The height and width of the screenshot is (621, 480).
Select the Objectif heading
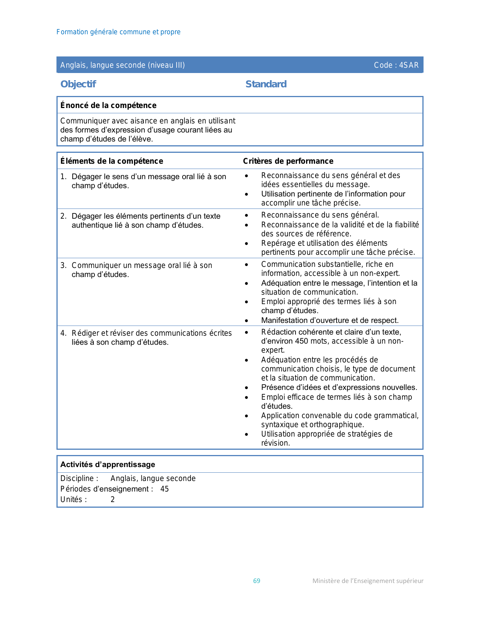[78, 84]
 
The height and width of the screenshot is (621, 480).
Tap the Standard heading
[266, 84]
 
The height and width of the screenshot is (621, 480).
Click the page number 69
[257, 581]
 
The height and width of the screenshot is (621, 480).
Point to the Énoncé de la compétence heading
[108, 105]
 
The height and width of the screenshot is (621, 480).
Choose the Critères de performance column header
[288, 161]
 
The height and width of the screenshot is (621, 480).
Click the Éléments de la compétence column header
[112, 161]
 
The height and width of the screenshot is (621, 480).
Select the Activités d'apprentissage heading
[108, 464]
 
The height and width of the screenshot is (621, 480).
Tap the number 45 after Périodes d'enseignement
[165, 489]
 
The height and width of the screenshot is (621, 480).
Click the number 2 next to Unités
[113, 499]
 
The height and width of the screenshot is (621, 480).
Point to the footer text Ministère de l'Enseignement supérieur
[368, 581]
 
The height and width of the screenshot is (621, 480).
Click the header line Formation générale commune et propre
[119, 32]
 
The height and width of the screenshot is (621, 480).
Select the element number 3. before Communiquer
[63, 265]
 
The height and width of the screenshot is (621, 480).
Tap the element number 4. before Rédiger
[63, 333]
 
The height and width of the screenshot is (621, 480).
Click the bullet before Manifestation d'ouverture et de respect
[246, 321]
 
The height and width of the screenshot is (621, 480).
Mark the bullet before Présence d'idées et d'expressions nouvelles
[246, 388]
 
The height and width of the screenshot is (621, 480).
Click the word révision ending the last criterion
[276, 443]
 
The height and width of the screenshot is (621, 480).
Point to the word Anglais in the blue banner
[73, 65]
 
